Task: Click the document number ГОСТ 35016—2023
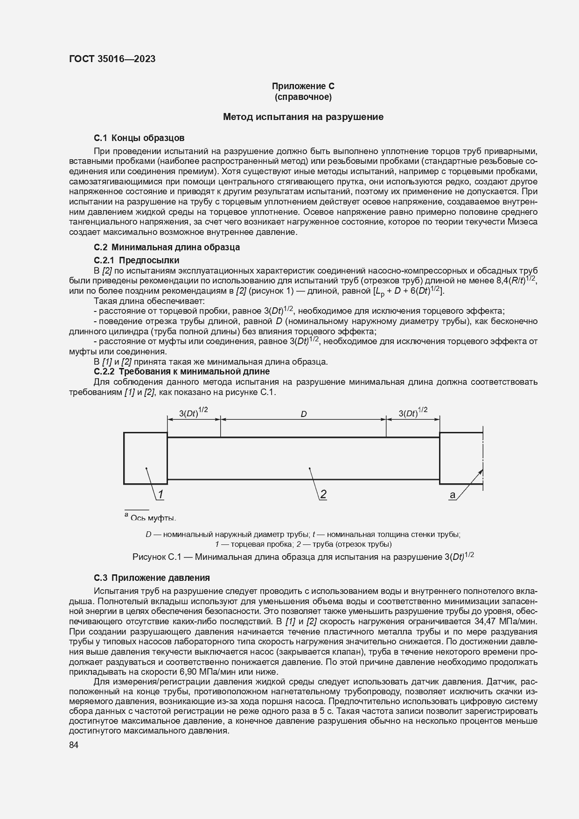point(112,59)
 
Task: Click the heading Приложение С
point(303,86)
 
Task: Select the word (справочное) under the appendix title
point(303,97)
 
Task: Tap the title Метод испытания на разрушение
point(303,117)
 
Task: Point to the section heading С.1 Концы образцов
point(139,138)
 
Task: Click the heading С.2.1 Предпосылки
point(136,260)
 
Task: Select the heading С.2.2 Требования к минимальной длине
point(181,372)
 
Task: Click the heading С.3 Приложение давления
point(152,578)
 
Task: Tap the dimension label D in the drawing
point(303,414)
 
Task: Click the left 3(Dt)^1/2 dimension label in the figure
point(193,413)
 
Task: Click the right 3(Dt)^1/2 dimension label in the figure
point(413,413)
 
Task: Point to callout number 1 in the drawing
point(160,494)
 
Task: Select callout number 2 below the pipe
point(322,494)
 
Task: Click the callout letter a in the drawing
point(452,495)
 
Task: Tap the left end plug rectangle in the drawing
point(145,458)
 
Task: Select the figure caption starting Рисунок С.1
point(303,557)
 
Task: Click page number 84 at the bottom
point(74,745)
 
